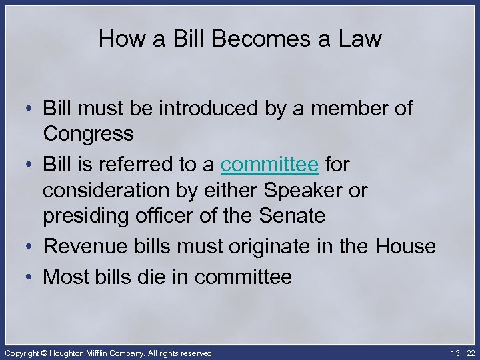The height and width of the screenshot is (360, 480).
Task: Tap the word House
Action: pyautogui.click(x=405, y=247)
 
